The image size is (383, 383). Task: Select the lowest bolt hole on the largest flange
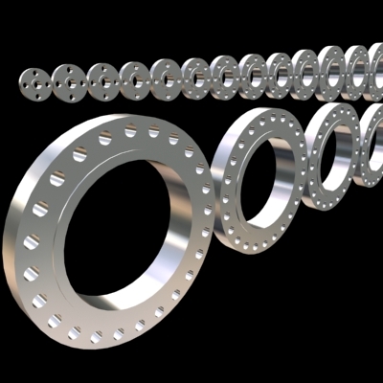point(96,338)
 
